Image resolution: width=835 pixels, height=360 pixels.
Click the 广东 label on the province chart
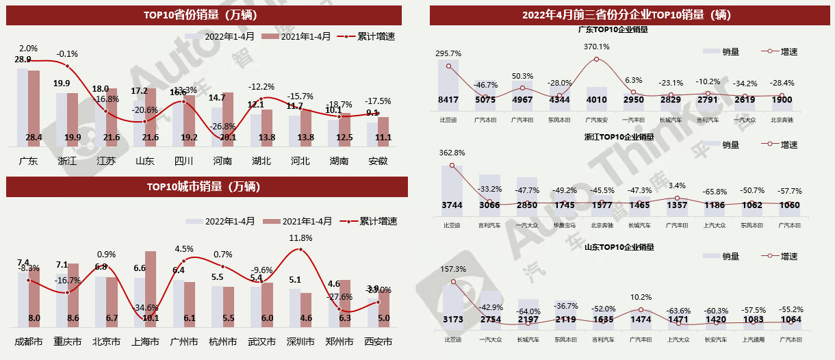pos(28,162)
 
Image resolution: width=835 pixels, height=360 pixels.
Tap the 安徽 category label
pos(378,162)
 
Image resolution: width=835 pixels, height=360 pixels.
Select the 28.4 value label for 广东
pos(34,138)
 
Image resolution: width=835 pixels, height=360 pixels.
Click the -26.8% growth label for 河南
pos(222,126)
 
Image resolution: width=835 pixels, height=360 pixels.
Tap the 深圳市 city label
pos(300,341)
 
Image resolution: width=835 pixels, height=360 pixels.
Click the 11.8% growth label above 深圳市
pos(300,237)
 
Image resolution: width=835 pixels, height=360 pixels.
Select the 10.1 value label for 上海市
pos(151,318)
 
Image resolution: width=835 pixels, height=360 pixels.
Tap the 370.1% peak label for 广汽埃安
pos(596,47)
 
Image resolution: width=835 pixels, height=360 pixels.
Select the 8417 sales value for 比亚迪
pos(448,100)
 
